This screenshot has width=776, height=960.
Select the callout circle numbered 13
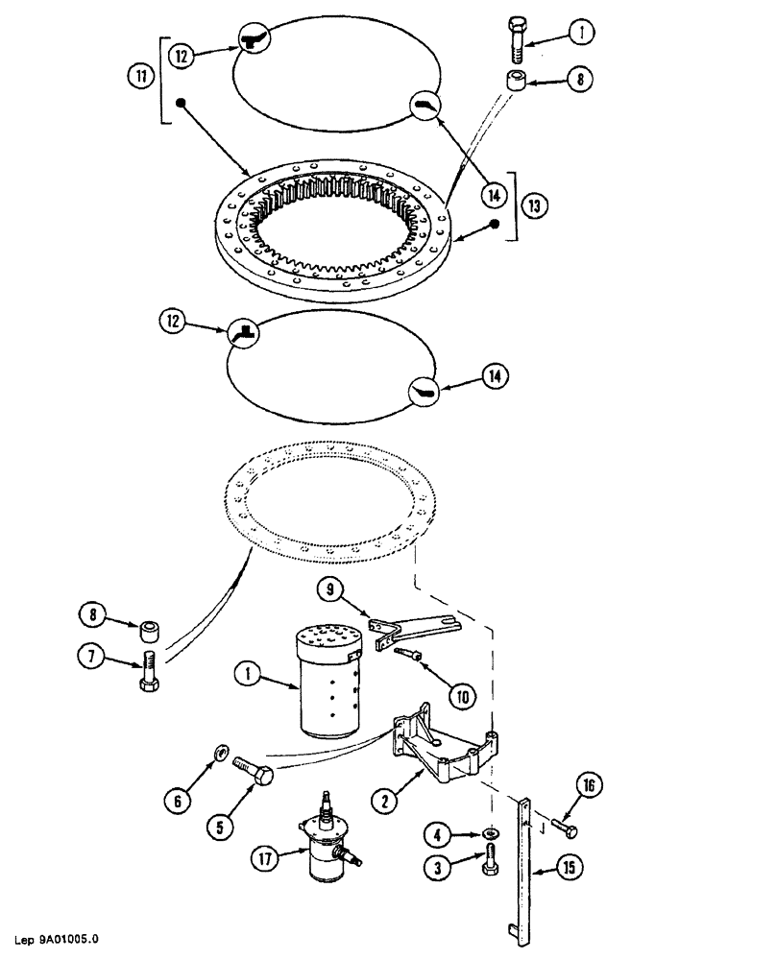coord(533,204)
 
